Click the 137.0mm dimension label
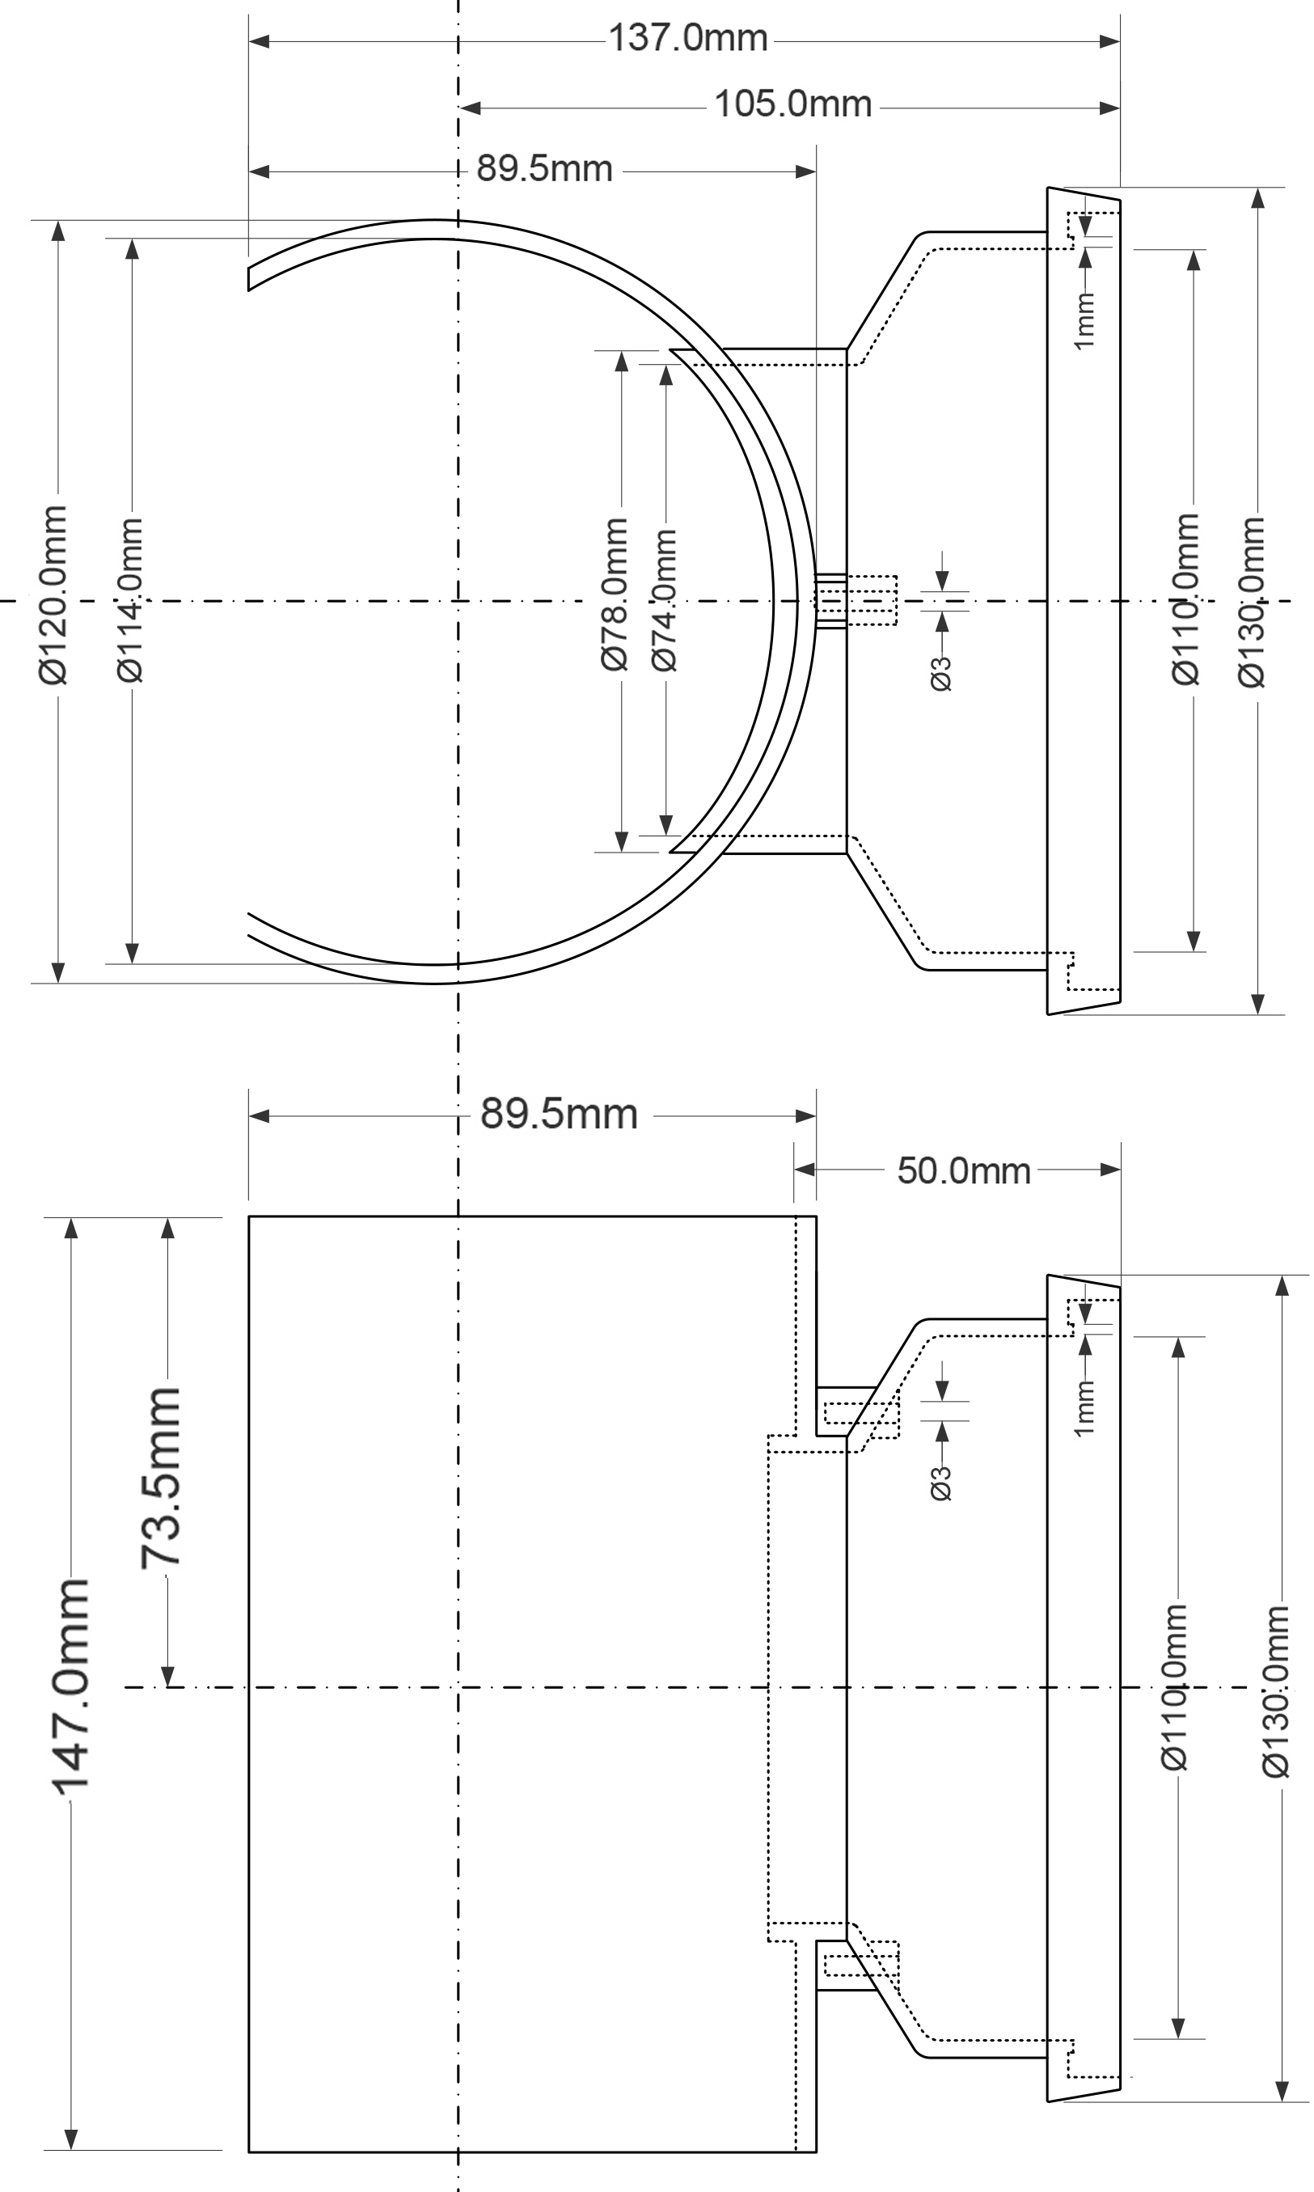point(688,39)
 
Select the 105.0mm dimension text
point(793,104)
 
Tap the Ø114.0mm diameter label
point(129,599)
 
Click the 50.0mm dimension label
point(963,1171)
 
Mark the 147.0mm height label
point(69,1688)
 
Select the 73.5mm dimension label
point(161,1477)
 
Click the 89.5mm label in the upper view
point(544,168)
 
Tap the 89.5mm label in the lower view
point(559,1114)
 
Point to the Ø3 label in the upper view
point(941,673)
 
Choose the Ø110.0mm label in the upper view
point(1185,599)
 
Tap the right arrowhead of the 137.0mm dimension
point(1109,40)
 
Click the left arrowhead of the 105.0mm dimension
point(470,108)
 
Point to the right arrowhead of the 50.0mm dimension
point(1110,1169)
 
